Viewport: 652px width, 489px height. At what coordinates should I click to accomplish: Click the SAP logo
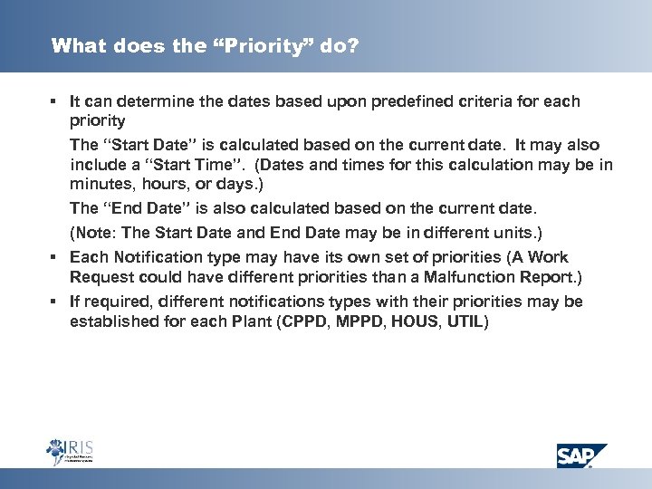click(x=581, y=455)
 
